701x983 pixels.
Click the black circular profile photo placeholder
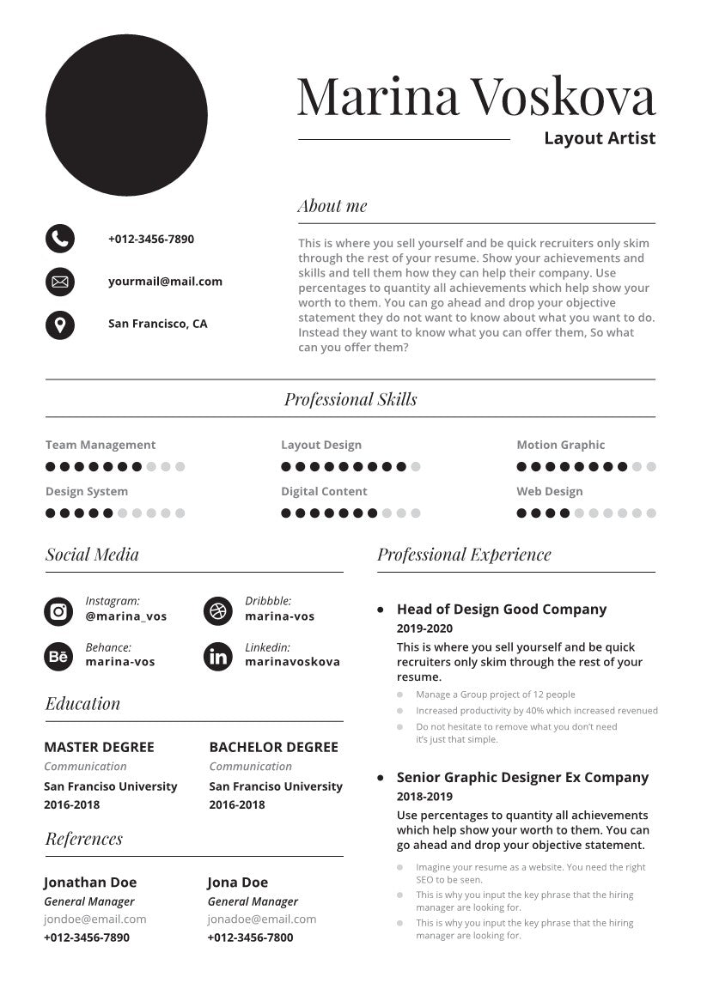(x=126, y=115)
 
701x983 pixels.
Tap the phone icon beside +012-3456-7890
(x=60, y=239)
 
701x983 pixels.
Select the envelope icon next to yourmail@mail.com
(x=60, y=282)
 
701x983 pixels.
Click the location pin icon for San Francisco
(x=60, y=325)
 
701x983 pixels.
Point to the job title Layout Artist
(x=599, y=138)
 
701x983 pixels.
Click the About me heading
(x=332, y=206)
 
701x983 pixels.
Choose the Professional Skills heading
(x=350, y=399)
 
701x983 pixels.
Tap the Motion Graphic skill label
(x=560, y=445)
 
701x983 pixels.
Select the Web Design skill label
(x=549, y=491)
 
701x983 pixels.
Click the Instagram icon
(x=58, y=611)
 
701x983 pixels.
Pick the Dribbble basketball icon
(x=218, y=611)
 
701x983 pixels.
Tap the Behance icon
(x=58, y=658)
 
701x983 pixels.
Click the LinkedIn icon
(x=218, y=658)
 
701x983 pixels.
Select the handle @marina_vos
(x=126, y=616)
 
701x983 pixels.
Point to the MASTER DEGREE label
(x=100, y=747)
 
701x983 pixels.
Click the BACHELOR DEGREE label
(x=274, y=747)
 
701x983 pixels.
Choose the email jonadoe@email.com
(x=262, y=919)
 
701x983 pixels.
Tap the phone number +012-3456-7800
(x=250, y=937)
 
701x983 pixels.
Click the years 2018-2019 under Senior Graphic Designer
(x=424, y=797)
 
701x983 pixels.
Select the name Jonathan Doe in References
(x=90, y=883)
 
